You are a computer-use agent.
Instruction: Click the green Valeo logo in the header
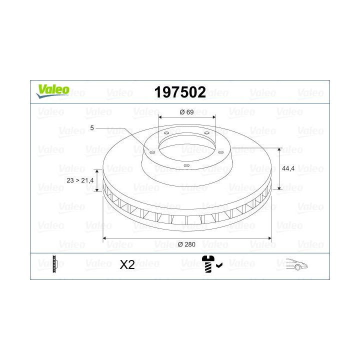[x=52, y=89]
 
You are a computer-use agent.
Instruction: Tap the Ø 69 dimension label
[x=186, y=112]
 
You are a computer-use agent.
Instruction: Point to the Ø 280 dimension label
[x=186, y=244]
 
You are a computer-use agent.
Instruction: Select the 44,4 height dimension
[x=288, y=168]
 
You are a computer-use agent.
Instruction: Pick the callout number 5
[x=92, y=128]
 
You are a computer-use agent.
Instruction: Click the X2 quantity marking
[x=127, y=265]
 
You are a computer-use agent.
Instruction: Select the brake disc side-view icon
[x=55, y=264]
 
